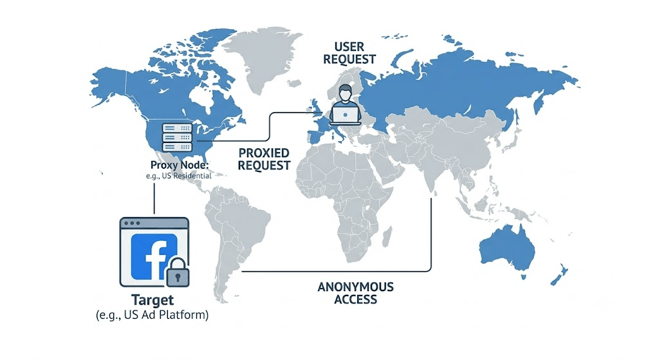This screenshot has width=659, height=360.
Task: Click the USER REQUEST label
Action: coord(349,53)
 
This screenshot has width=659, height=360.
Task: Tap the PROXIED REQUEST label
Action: coord(264,159)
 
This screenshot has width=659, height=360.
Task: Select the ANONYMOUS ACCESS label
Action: coord(355,293)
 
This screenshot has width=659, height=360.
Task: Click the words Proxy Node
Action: coord(179,165)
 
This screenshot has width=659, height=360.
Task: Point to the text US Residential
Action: coord(187,175)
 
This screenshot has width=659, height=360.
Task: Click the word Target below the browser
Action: coord(152,300)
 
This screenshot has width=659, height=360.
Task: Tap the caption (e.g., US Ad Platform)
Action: coord(152,315)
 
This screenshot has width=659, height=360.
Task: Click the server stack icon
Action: coord(177,137)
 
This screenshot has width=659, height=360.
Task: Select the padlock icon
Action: coord(178,272)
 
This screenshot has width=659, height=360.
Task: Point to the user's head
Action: coord(345,91)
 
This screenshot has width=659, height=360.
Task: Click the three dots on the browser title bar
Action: coord(132,223)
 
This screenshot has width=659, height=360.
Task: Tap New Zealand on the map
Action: coord(559,276)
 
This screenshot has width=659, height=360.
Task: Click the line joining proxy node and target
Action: coord(154,198)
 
